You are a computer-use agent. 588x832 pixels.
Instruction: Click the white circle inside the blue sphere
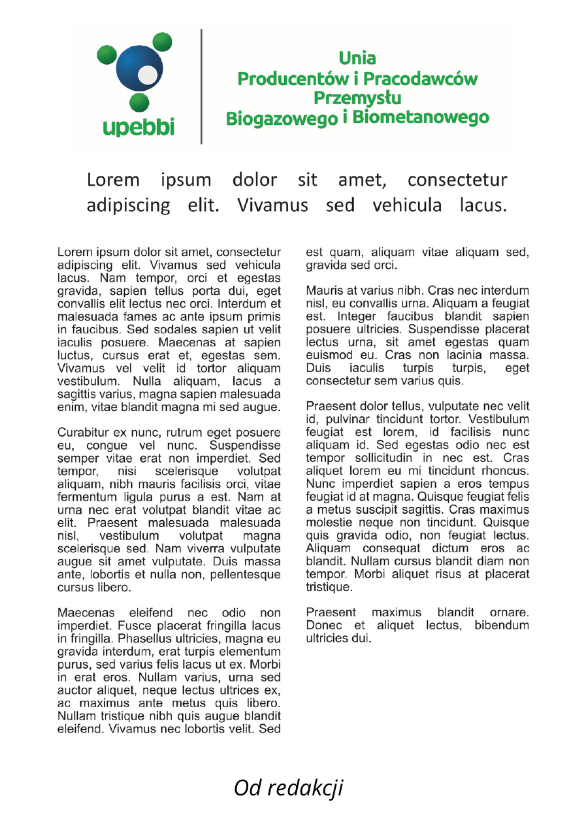coord(148,75)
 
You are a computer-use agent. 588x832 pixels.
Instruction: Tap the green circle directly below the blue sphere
coord(138,103)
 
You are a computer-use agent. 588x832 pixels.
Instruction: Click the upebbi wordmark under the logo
coord(139,127)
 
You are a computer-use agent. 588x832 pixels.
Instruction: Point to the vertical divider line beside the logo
coord(201,86)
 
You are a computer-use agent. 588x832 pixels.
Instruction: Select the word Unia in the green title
coord(357,59)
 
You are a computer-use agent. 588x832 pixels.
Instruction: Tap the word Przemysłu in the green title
coord(357,98)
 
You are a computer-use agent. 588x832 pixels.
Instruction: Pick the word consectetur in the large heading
coord(457,180)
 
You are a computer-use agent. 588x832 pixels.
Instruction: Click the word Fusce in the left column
coord(121,626)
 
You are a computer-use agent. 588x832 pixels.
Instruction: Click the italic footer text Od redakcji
coord(288,788)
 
